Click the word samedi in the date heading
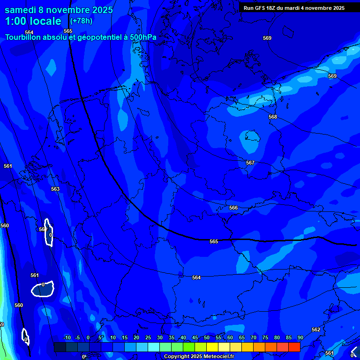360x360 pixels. (22, 10)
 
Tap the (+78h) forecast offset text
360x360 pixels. (81, 21)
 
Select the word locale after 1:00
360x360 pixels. (44, 22)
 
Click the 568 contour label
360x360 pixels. (273, 117)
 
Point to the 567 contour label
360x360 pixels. (250, 163)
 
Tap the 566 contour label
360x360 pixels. (233, 208)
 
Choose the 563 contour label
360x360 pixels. (55, 189)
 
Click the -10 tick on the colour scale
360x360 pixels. (67, 338)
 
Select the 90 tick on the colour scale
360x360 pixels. (300, 338)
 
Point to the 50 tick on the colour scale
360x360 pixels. (207, 338)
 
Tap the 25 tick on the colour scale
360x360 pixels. (148, 338)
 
